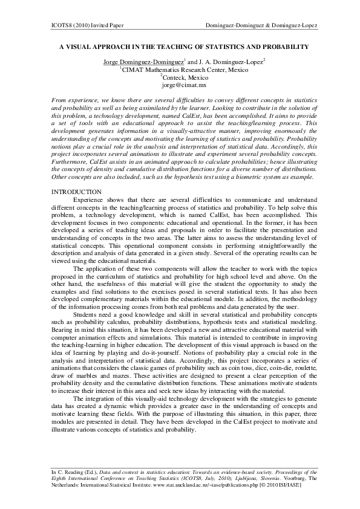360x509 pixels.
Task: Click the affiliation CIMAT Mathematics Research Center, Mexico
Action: (x=180, y=70)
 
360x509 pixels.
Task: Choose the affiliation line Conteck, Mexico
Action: (x=181, y=78)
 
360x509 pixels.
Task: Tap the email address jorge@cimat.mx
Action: (x=180, y=86)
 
